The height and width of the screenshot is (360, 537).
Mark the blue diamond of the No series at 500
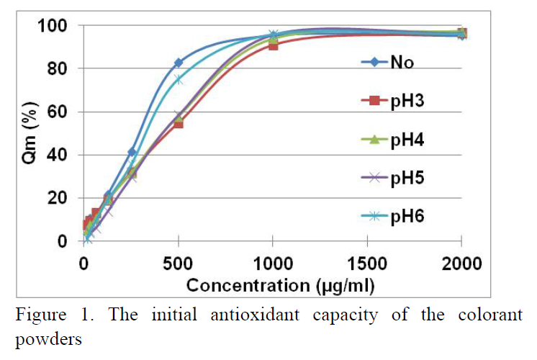pos(179,63)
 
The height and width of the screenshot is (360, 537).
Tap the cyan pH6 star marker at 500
pos(179,80)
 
